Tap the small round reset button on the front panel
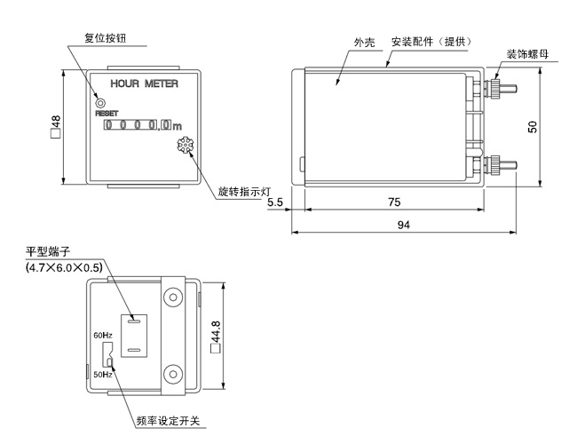click(99, 100)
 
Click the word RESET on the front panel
click(106, 114)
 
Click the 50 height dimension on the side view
click(534, 127)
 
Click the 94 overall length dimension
click(403, 226)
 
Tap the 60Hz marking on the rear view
click(103, 336)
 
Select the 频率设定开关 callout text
click(172, 421)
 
